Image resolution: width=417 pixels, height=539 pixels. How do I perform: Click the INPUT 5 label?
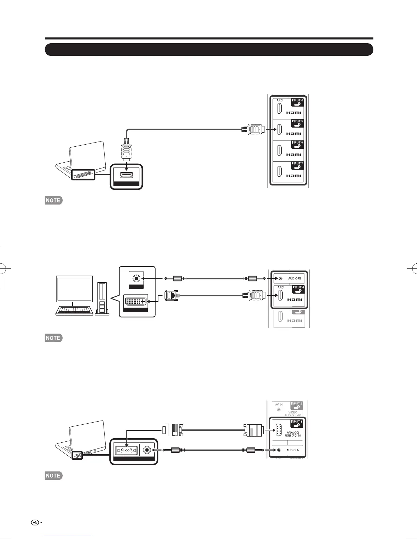tap(297, 121)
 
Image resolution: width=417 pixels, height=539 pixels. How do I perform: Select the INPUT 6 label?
tap(297, 143)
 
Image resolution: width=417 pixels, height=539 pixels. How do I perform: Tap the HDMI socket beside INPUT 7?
tap(279, 171)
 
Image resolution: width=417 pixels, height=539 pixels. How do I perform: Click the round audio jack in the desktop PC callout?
tap(137, 278)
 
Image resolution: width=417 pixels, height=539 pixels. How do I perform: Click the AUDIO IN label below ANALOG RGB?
tap(293, 450)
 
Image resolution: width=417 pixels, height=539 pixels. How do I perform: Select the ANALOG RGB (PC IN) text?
tap(293, 434)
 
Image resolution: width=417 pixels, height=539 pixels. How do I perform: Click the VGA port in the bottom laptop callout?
tap(127, 450)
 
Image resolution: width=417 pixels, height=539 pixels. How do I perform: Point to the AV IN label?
tap(279, 405)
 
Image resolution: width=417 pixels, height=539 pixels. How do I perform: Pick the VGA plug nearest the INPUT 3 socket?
tap(253, 430)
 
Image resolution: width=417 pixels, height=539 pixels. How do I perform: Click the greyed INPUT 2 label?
tap(296, 404)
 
